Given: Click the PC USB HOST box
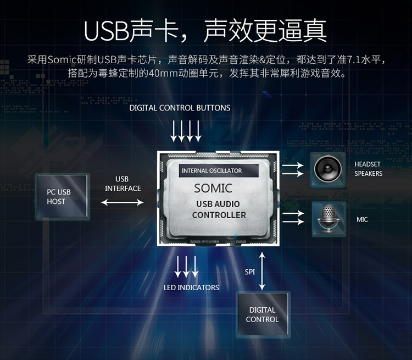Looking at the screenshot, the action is (63, 196).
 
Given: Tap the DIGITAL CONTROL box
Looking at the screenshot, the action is (263, 314).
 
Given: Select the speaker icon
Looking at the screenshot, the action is (327, 169).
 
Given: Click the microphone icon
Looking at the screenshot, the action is (329, 219).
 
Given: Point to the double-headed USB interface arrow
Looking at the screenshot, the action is (122, 202).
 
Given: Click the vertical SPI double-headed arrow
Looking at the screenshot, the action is (262, 271).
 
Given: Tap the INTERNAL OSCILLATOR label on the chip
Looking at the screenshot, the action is (212, 171).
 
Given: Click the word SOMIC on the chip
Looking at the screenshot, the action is (213, 189).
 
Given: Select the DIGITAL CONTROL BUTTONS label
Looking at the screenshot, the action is (180, 108).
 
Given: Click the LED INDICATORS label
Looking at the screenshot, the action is (191, 287).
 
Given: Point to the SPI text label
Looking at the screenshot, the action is (249, 272).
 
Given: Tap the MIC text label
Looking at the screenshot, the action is (362, 220).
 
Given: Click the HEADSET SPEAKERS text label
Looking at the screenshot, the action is (369, 169).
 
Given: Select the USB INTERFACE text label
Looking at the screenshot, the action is (123, 184).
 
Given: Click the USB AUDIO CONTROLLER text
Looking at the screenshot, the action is (219, 209).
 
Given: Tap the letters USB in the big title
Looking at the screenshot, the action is (106, 31).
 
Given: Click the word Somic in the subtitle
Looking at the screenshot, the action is (62, 60).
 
